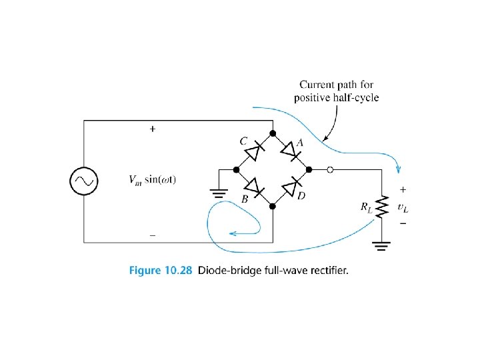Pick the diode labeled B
point(254,189)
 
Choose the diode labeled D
point(291,189)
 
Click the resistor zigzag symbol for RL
point(382,207)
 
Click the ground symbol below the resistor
point(382,249)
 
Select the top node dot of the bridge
point(273,133)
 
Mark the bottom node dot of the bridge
point(273,207)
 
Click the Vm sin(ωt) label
point(153,180)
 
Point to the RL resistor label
point(366,207)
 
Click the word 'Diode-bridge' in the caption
point(217,271)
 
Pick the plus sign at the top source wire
point(153,129)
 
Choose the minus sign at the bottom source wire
point(153,235)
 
